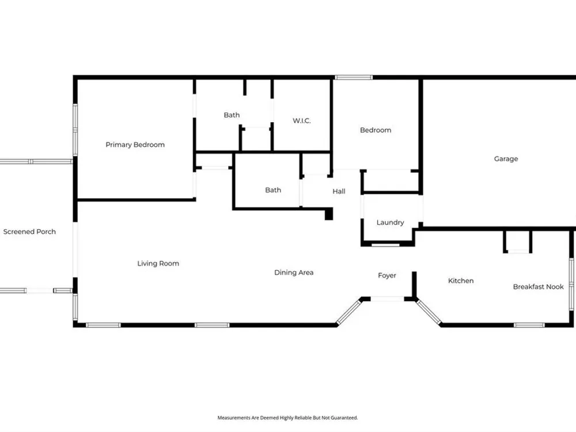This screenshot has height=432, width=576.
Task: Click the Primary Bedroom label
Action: coord(135,145)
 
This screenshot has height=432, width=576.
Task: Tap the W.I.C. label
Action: coord(302,120)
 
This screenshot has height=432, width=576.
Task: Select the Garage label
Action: coord(506,159)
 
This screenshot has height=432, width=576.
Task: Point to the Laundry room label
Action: coord(390,222)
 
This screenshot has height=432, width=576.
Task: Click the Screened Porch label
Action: coord(29,232)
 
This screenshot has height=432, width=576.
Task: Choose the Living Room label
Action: coord(158,263)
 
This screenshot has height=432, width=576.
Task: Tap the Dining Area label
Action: coord(294,272)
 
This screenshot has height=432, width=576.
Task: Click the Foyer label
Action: coord(387,275)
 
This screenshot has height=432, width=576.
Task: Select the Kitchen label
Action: coord(461,281)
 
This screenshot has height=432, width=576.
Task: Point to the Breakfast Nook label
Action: coord(538,287)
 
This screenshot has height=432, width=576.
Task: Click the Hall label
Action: coord(339,191)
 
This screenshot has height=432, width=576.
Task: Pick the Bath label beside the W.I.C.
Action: coord(232,115)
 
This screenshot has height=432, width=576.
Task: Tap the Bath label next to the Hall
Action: coord(273,190)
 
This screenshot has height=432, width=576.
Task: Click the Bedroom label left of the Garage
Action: coord(376,130)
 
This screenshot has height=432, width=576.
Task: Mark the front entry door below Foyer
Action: coord(387,299)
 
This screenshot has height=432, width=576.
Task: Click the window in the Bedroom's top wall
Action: coord(354,78)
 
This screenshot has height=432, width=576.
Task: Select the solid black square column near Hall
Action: coord(329,214)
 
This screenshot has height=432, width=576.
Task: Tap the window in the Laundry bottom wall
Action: coord(385,245)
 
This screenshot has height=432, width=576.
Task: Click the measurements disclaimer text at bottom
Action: coord(287,418)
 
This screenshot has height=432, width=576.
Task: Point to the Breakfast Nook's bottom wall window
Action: coord(529,325)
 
